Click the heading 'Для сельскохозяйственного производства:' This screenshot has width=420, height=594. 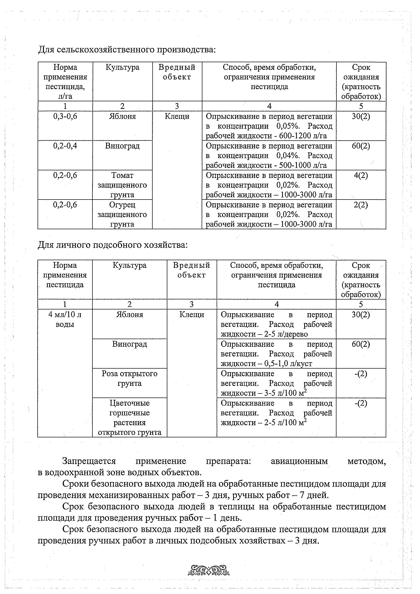tap(127, 49)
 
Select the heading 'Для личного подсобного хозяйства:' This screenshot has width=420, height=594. tap(112, 245)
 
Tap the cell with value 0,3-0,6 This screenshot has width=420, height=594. tap(65, 117)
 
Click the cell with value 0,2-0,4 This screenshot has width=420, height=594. tap(65, 146)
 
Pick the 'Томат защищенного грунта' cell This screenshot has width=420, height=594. tap(122, 185)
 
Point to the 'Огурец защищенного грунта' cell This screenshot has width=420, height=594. tap(122, 214)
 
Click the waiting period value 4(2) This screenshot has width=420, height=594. tap(361, 175)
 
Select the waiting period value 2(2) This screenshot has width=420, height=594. tap(361, 205)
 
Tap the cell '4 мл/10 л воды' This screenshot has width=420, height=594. tap(65, 320)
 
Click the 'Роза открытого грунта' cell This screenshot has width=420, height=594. tap(130, 378)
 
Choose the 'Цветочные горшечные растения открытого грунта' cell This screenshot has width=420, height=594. tap(130, 418)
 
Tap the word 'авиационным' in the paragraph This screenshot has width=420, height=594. tap(299, 461)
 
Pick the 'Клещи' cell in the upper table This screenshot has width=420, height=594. tap(177, 117)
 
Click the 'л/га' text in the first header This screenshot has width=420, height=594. tap(65, 96)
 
